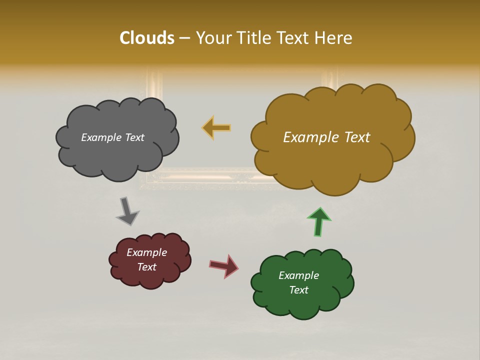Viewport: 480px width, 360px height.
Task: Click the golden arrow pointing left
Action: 216,128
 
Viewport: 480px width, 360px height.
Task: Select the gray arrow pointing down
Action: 127,211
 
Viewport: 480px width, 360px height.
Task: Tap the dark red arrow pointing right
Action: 224,265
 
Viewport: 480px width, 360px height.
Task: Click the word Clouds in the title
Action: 147,38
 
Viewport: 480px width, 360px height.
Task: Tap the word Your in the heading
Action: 212,38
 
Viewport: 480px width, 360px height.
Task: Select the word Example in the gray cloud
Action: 100,137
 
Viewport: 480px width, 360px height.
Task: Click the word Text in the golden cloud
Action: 354,137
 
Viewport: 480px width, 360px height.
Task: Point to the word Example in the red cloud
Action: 146,252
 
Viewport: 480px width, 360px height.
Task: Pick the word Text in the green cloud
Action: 298,290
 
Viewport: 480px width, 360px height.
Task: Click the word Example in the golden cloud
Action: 308,137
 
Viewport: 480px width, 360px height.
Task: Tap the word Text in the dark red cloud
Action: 146,267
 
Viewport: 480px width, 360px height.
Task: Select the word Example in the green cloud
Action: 298,275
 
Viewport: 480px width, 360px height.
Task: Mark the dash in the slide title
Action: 183,38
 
